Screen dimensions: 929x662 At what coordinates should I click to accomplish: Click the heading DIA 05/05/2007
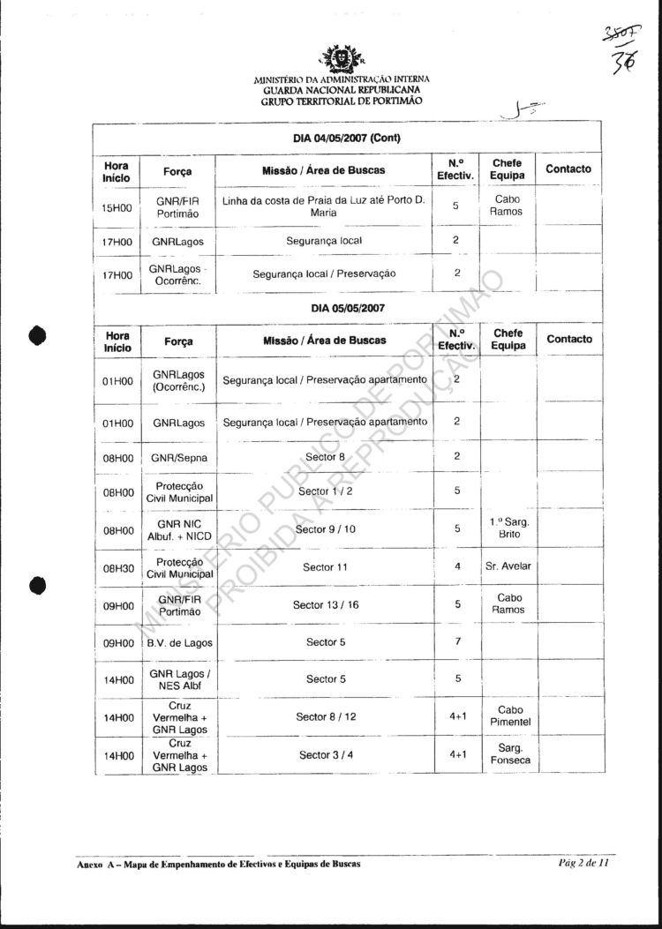(347, 309)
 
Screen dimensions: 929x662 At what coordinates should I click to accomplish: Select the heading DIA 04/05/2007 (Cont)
(347, 139)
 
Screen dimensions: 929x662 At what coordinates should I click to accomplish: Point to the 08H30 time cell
(117, 567)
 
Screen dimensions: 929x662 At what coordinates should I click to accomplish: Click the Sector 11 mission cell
(326, 567)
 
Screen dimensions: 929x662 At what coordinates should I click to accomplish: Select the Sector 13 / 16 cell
(326, 605)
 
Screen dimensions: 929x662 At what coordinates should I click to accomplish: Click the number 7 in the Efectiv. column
(457, 641)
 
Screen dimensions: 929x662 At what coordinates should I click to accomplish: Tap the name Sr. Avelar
(508, 566)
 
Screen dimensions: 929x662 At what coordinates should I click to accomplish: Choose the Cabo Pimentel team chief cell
(509, 715)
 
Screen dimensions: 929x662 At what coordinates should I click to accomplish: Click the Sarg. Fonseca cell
(509, 753)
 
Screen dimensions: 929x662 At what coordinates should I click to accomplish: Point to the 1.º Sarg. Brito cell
(508, 528)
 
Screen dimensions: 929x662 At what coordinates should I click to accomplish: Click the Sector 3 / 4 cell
(326, 755)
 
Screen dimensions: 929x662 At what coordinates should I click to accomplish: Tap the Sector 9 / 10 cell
(326, 529)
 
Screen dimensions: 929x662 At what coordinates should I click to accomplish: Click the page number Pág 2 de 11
(583, 863)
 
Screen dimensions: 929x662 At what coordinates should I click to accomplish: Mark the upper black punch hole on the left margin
(37, 335)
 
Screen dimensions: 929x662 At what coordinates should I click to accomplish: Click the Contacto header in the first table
(568, 169)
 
